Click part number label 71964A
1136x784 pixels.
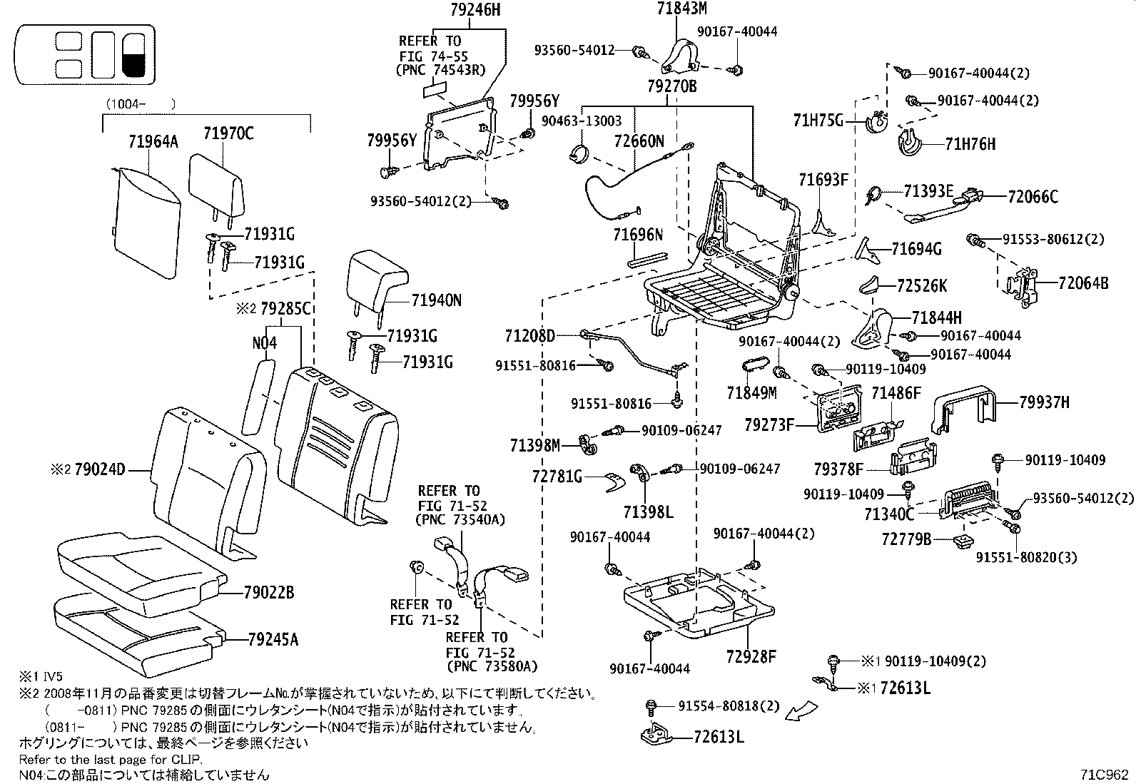click(x=153, y=141)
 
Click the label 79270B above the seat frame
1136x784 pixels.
click(x=671, y=86)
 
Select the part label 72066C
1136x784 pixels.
click(x=1033, y=196)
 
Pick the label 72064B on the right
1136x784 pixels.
click(x=1083, y=283)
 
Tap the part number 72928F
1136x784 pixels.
click(x=751, y=656)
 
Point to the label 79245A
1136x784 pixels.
click(x=273, y=639)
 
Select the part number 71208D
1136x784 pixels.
click(x=529, y=335)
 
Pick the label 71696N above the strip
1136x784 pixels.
click(x=638, y=234)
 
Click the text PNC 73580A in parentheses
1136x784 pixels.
click(x=492, y=667)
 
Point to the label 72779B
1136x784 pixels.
click(x=906, y=539)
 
